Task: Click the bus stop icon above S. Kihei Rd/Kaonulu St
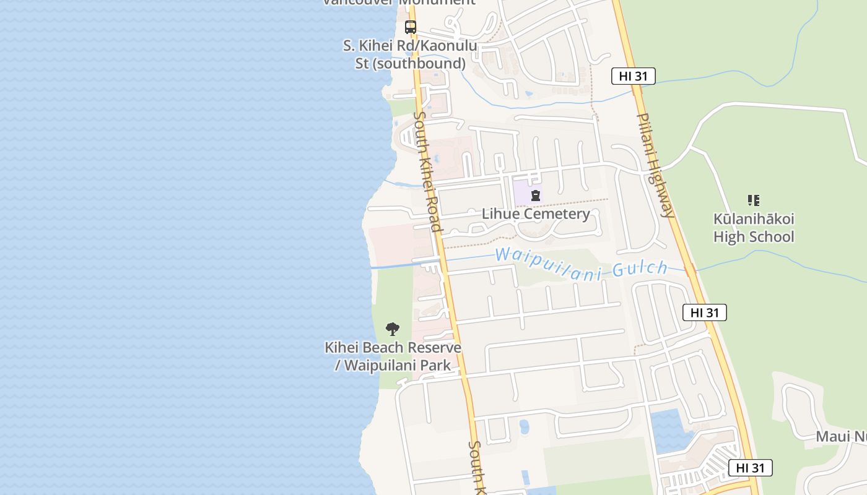point(410,27)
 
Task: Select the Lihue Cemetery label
point(536,214)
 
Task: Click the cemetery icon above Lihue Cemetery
point(536,196)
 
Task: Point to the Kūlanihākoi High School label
point(754,228)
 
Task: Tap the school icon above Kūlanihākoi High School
point(753,200)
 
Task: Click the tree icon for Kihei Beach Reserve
point(392,329)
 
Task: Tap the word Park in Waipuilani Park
point(436,365)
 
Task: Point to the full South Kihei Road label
point(428,171)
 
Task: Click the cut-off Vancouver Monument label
point(399,2)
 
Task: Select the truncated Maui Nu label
point(841,436)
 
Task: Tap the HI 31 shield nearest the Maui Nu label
point(750,468)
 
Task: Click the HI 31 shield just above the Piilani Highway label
point(633,76)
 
